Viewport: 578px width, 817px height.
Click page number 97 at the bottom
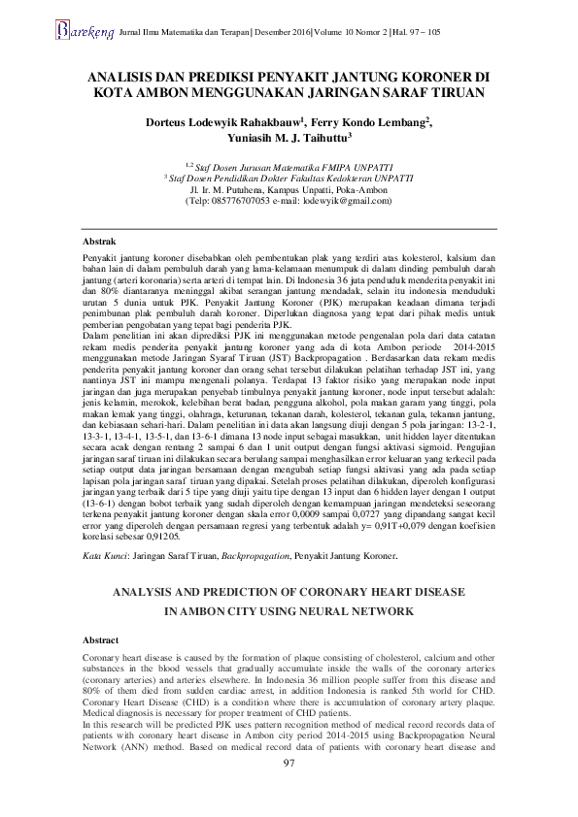(x=289, y=792)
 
